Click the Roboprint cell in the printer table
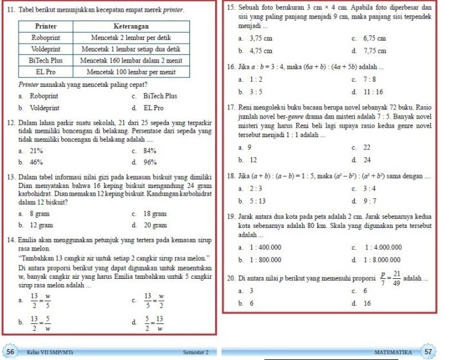[45, 39]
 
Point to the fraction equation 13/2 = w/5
[41, 300]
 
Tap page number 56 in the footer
[11, 352]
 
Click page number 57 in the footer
[428, 352]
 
